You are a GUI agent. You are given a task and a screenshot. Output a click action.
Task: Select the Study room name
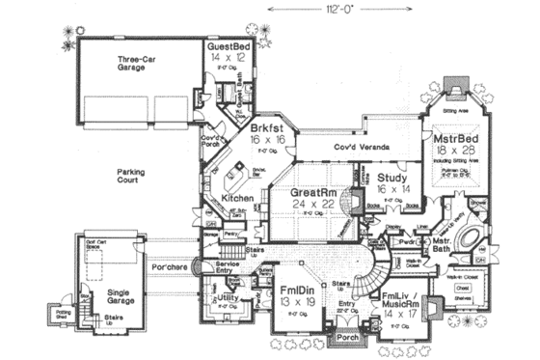coord(393,179)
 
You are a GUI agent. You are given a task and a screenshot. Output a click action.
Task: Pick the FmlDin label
coord(293,290)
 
